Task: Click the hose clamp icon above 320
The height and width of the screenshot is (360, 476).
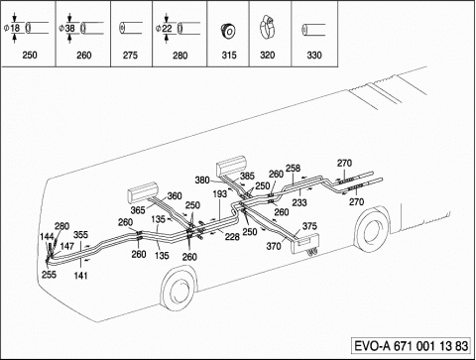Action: click(267, 27)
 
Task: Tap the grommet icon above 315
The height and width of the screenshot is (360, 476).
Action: click(228, 31)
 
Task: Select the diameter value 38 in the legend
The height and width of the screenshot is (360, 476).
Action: click(69, 28)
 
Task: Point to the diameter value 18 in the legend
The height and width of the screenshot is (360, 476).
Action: click(15, 28)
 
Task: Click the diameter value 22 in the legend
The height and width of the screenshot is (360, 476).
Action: click(167, 28)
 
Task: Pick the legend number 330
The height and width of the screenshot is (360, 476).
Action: click(314, 55)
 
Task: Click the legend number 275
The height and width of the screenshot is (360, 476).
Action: click(130, 55)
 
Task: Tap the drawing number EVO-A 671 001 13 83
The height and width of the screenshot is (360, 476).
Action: click(412, 346)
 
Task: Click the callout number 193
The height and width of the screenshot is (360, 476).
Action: click(220, 194)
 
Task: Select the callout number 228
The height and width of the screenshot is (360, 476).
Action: click(232, 236)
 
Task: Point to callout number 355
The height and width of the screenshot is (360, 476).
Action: click(80, 234)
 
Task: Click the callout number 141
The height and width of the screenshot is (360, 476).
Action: click(80, 275)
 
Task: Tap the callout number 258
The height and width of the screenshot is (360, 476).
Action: click(293, 168)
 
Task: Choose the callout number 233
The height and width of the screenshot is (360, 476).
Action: click(299, 202)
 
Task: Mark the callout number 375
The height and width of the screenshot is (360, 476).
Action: click(309, 226)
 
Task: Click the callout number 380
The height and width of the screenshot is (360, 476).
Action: click(202, 180)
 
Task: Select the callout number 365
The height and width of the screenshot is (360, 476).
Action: click(138, 210)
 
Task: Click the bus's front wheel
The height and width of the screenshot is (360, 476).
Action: click(178, 288)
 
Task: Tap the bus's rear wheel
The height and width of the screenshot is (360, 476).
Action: click(372, 229)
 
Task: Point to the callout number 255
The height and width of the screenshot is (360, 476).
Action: click(49, 275)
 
